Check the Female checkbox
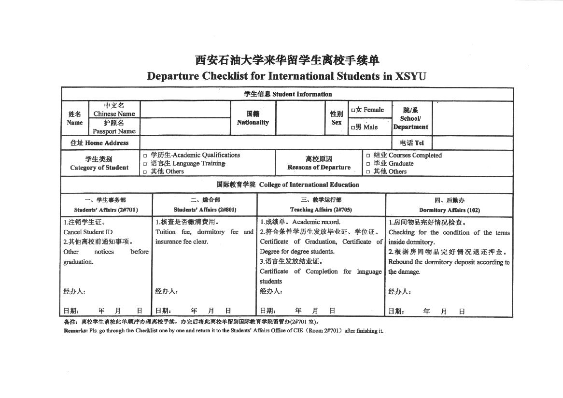(x=353, y=110)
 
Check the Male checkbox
(x=353, y=128)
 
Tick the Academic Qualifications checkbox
(x=145, y=156)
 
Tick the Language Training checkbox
(x=145, y=164)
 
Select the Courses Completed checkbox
(x=368, y=156)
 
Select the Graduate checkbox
(x=368, y=164)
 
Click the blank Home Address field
(x=266, y=143)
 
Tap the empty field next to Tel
(x=472, y=143)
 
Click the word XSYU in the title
(x=411, y=76)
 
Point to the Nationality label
(x=253, y=122)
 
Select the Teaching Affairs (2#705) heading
(x=321, y=210)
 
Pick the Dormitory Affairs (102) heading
(x=449, y=210)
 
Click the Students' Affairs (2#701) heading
(x=106, y=210)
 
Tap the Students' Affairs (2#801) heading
(x=205, y=210)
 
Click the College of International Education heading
(x=309, y=185)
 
